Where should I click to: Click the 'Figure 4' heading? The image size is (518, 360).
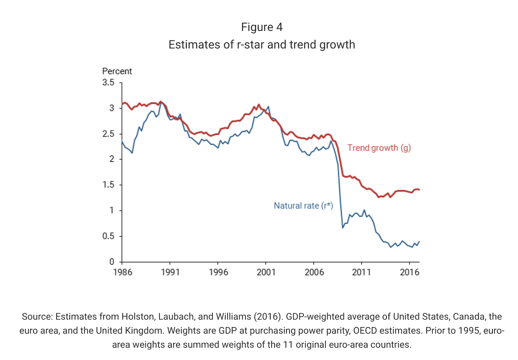tap(262, 27)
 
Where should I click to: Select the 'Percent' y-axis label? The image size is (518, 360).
tap(117, 71)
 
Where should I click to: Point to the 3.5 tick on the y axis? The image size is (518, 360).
tap(108, 83)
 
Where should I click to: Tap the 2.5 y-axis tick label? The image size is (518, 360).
tap(108, 134)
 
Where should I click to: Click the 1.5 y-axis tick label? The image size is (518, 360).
tap(108, 185)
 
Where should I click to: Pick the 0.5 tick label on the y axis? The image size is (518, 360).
tap(108, 236)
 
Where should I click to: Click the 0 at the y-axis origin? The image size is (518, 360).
tap(112, 262)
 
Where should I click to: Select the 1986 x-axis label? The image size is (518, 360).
tap(122, 272)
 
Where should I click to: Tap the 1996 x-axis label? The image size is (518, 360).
tap(218, 272)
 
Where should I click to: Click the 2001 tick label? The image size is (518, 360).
tap(266, 272)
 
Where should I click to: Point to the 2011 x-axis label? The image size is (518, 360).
tap(361, 272)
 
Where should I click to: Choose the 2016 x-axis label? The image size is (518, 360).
tap(410, 272)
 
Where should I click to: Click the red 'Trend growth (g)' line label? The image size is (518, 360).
tap(379, 148)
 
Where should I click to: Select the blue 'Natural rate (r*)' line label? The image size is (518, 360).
tap(303, 206)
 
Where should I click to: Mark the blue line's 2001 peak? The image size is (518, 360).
tap(268, 107)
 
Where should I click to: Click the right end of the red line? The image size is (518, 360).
tap(419, 189)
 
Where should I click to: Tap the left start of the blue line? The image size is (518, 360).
tap(122, 141)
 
